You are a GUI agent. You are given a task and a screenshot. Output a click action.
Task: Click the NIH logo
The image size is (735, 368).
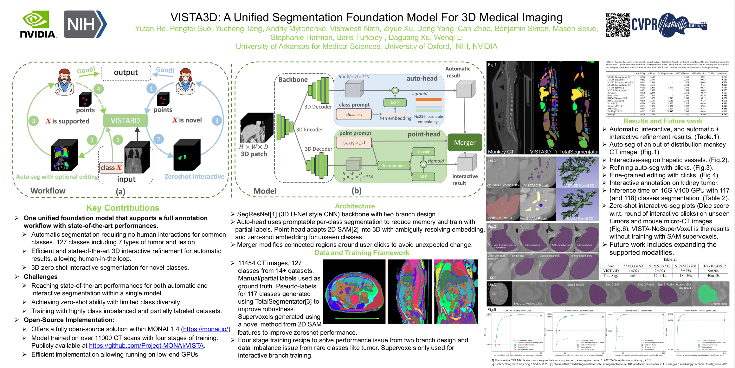click(x=85, y=24)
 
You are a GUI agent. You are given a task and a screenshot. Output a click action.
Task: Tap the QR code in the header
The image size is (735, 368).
click(x=618, y=25)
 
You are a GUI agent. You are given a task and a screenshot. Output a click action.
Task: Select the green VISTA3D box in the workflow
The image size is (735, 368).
click(x=125, y=121)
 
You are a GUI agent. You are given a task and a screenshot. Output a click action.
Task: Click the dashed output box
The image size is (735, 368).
click(x=126, y=72)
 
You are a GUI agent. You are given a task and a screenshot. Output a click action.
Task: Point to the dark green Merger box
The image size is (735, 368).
click(x=465, y=142)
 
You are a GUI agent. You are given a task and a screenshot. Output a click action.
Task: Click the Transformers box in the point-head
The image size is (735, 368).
click(x=393, y=165)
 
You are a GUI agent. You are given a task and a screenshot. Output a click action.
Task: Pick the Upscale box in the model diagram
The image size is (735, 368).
click(x=423, y=152)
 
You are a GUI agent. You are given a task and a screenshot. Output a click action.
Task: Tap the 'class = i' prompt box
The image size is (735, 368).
click(x=354, y=114)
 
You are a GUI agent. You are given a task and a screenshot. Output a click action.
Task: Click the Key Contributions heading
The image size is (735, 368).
click(x=123, y=208)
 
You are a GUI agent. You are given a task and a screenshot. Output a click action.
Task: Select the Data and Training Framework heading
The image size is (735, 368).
click(x=362, y=253)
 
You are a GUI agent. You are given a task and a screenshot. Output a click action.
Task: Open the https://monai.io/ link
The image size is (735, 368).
click(x=206, y=329)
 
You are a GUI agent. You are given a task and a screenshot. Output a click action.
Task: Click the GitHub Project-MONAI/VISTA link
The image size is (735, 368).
click(x=146, y=345)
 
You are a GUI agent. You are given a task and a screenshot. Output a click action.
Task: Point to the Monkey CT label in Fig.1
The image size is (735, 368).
click(x=501, y=152)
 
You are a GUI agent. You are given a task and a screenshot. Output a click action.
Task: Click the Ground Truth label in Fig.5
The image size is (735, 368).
click(x=718, y=304)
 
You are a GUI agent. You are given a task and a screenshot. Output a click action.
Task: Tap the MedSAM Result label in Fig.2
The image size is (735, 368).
click(x=500, y=218)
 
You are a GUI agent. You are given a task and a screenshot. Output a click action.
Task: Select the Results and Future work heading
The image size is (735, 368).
click(x=663, y=121)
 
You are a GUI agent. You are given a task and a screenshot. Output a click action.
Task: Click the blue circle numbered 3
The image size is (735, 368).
click(x=217, y=121)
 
